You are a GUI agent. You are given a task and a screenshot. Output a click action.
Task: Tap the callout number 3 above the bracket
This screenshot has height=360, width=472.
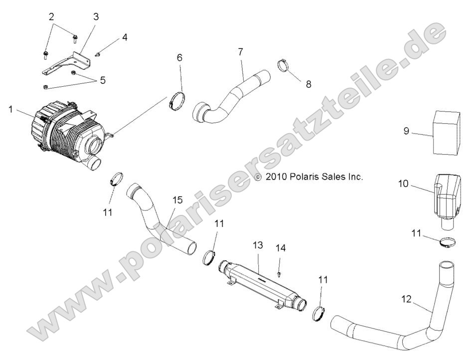click(96, 17)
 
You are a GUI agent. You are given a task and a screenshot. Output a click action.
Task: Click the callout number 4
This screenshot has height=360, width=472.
click(124, 37)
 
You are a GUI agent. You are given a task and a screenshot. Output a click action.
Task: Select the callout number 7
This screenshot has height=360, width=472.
click(240, 51)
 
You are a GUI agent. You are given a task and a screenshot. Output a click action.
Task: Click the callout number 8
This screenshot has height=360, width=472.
click(309, 84)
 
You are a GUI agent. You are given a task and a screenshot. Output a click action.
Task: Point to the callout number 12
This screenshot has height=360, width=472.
click(407, 299)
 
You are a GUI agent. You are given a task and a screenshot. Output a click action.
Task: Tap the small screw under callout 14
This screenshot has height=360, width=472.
click(280, 273)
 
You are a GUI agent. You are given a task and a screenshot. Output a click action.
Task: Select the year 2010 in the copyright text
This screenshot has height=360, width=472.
click(275, 177)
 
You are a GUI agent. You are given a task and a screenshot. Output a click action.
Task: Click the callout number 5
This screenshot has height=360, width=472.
click(102, 80)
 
